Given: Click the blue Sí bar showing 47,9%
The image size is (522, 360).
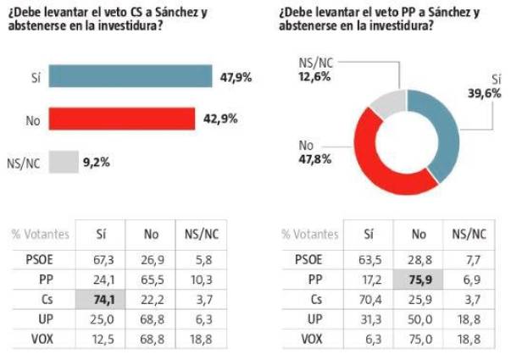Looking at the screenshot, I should click(130, 76).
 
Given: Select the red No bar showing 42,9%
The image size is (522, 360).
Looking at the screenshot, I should click(122, 119).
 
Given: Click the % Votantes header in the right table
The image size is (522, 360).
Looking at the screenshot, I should click(309, 235).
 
